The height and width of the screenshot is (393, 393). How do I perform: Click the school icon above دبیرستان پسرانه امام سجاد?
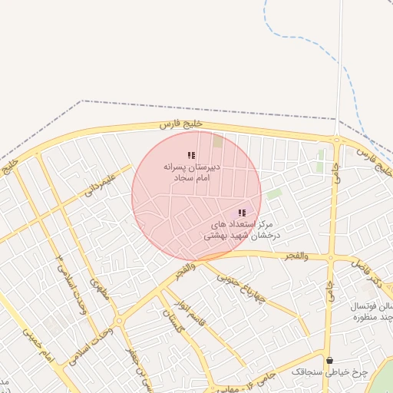[x=191, y=155]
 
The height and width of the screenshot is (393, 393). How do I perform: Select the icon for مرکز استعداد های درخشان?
[x=242, y=213]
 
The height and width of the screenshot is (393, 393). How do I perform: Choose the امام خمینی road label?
[x=36, y=345]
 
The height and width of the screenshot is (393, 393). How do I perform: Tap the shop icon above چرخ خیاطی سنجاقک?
[x=330, y=360]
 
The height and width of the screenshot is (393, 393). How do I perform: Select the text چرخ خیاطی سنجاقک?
[x=329, y=372]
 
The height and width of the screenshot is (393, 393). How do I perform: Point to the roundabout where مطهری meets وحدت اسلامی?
[x=118, y=321]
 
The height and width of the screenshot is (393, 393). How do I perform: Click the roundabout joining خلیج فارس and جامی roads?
[x=336, y=140]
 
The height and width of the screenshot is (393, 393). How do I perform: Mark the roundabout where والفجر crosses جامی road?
[x=330, y=259]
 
